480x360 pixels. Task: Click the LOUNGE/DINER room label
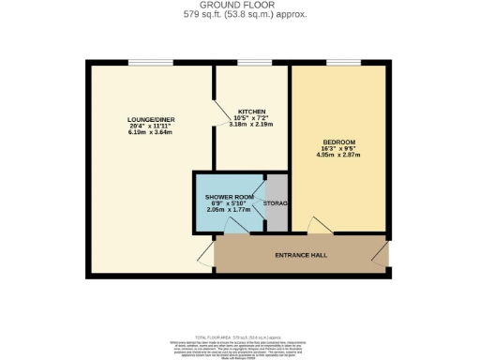150,120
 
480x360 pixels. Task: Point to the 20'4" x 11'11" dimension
150,127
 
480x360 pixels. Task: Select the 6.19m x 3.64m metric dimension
150,135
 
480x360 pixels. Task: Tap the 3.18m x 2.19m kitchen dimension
249,124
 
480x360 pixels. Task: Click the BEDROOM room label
338,142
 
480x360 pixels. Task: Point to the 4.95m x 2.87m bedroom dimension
338,157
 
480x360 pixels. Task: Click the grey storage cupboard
277,204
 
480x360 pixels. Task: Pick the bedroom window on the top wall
342,63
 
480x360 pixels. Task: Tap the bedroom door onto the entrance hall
320,227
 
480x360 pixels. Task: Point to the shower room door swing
231,225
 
